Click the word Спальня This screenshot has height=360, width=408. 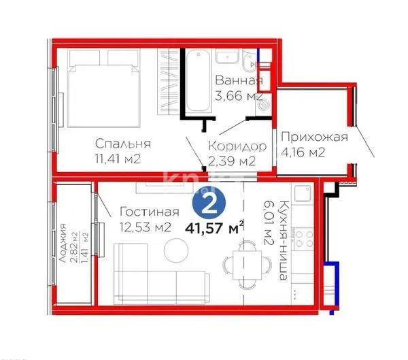(x=122, y=144)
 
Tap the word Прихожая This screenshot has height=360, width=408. (x=314, y=137)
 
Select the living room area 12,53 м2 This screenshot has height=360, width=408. (x=143, y=227)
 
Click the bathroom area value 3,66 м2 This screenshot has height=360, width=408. (x=237, y=97)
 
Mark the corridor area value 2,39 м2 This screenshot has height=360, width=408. (x=232, y=161)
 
